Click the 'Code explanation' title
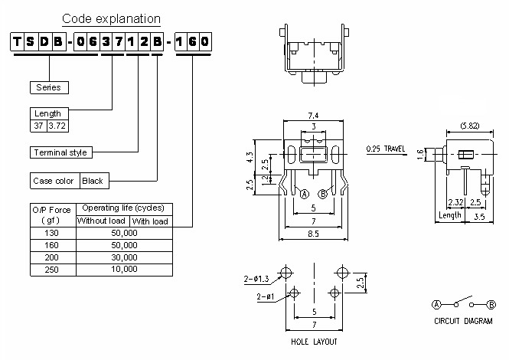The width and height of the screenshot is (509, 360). [111, 18]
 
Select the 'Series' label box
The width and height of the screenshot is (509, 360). [47, 87]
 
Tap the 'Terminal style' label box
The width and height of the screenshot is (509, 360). [60, 152]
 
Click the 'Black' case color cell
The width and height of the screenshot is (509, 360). [93, 182]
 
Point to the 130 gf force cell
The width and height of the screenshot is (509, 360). [51, 233]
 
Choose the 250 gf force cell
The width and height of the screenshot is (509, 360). [51, 269]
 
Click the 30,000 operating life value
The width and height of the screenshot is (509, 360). [123, 257]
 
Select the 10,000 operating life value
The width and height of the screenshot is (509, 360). [123, 269]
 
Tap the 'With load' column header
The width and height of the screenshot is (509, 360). [150, 221]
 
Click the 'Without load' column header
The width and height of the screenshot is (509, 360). [101, 221]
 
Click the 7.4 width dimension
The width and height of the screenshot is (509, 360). [313, 115]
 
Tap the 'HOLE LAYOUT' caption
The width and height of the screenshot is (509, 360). [314, 342]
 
